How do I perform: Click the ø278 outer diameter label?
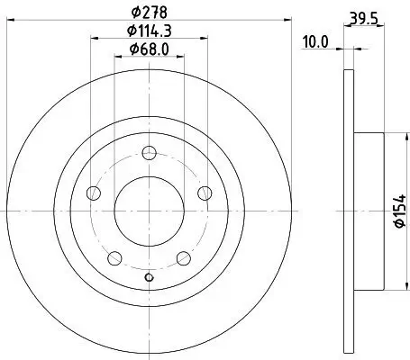148,13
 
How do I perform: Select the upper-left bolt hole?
92,193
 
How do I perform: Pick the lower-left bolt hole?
114,257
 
